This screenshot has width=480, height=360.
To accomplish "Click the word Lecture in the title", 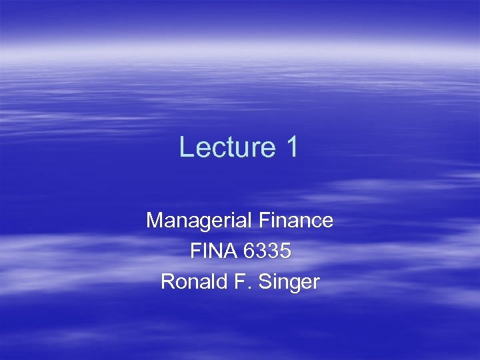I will pos(223,147).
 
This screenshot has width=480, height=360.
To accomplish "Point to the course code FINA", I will pos(213,251).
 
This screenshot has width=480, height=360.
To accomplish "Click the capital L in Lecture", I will pos(186,147).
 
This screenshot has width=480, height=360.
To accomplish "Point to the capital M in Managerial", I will pos(154,220).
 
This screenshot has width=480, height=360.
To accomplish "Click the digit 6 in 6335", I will pos(250,251).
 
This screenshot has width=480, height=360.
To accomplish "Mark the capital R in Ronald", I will pos(167,282).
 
